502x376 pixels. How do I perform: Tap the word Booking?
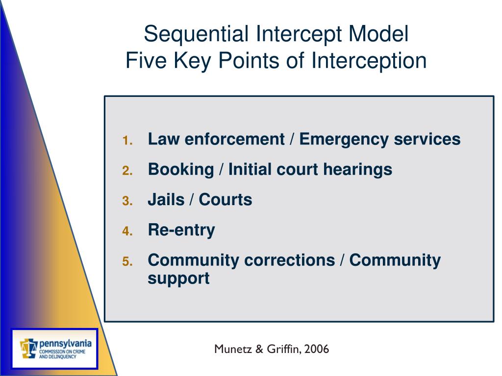181,170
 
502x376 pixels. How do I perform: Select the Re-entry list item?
181,230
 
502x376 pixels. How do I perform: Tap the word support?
178,278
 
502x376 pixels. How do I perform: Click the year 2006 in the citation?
316,349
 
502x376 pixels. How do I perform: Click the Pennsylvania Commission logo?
55,349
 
